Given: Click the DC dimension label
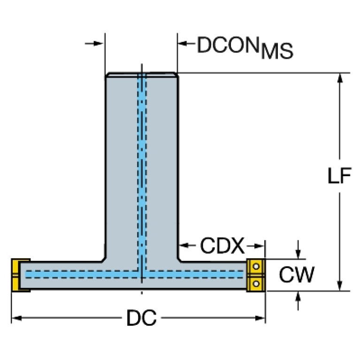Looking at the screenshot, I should point(141,319).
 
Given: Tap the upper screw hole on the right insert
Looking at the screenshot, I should point(256,266).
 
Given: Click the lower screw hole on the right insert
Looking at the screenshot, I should point(256,282).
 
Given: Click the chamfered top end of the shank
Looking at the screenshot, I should point(141,74).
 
